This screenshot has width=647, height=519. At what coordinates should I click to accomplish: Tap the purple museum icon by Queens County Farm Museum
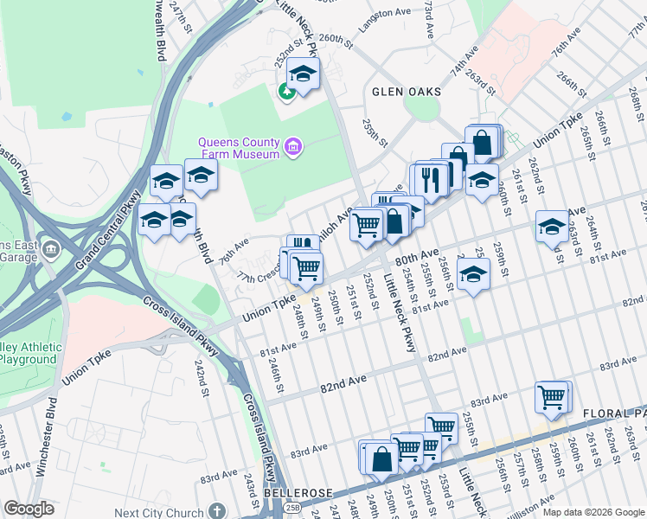tap(294, 148)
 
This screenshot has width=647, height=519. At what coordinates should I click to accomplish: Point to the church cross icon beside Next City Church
tap(218, 512)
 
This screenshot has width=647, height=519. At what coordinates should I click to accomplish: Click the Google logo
tap(29, 509)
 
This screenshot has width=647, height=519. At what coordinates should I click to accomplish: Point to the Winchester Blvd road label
tap(42, 450)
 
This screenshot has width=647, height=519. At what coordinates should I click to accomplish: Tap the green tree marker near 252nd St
tap(285, 90)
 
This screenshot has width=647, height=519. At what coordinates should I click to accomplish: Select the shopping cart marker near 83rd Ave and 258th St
tap(552, 397)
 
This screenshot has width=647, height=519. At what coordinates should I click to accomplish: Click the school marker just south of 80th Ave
tap(472, 274)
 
